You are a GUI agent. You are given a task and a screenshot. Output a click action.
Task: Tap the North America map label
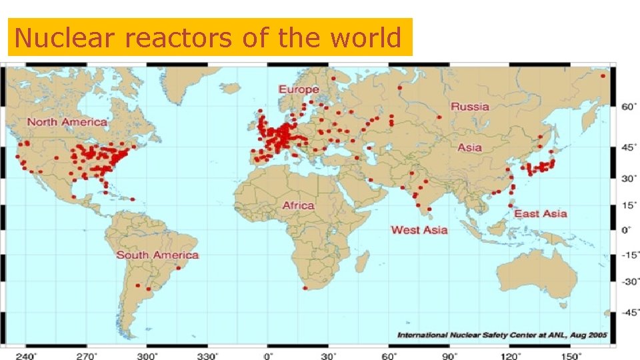[67, 122]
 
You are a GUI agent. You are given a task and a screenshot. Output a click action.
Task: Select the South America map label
[157, 255]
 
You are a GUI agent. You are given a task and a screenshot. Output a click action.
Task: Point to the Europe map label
[299, 89]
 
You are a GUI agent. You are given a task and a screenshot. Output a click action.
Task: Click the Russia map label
[469, 107]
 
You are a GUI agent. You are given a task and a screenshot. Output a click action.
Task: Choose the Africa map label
[298, 205]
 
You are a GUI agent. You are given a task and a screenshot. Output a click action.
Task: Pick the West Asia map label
[419, 230]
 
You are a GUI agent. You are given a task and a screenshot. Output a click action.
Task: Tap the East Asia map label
[541, 214]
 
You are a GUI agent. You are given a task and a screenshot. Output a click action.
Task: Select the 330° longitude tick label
[209, 355]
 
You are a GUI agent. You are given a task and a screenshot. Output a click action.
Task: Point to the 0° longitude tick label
[269, 355]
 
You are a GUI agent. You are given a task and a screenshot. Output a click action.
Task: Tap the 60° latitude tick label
[630, 106]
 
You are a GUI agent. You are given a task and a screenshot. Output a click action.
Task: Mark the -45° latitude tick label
[630, 312]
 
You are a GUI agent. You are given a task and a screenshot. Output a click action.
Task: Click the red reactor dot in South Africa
[305, 288]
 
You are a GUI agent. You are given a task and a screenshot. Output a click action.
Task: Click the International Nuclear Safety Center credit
[503, 335]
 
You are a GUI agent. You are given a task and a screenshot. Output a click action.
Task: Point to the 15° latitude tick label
[630, 205]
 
